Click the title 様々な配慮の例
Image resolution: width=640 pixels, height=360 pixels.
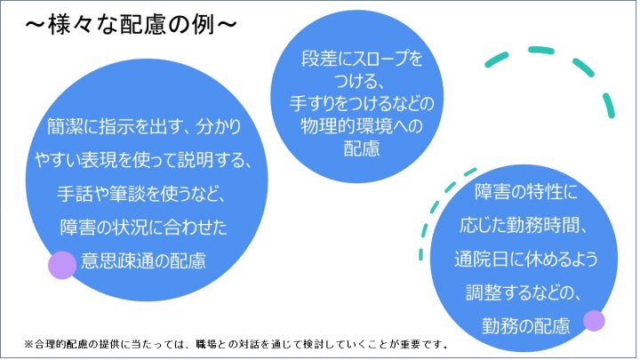[x=131, y=25]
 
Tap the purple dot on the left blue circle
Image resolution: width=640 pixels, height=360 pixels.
[x=62, y=265]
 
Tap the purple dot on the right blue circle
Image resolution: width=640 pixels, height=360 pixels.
[x=594, y=320]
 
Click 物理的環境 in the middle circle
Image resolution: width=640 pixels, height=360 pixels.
[x=346, y=125]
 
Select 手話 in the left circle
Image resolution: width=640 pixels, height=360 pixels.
[x=74, y=194]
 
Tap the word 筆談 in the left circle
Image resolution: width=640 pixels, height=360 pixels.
[x=126, y=194]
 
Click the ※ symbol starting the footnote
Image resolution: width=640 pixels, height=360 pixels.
[x=28, y=345]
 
